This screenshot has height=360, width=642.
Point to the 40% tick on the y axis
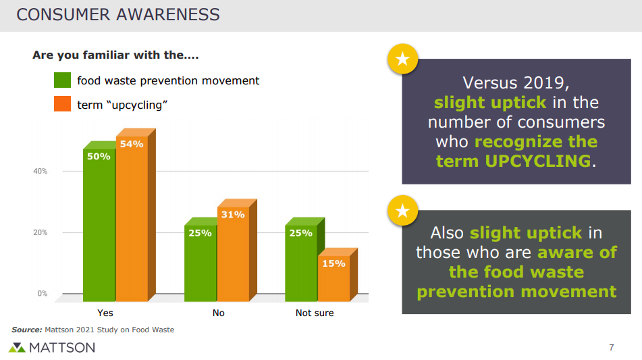pyautogui.click(x=40, y=171)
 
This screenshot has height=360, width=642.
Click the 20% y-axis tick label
pyautogui.click(x=40, y=232)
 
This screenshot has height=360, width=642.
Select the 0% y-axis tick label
pyautogui.click(x=42, y=294)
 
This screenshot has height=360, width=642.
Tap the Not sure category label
pyautogui.click(x=315, y=313)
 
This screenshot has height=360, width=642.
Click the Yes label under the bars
pyautogui.click(x=105, y=313)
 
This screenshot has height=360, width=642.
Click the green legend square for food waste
pyautogui.click(x=62, y=80)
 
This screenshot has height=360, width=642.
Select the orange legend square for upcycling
pyautogui.click(x=62, y=104)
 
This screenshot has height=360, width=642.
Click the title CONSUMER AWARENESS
pyautogui.click(x=118, y=15)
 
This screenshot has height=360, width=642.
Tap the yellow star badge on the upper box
pyautogui.click(x=403, y=59)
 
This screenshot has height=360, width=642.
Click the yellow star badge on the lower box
pyautogui.click(x=403, y=211)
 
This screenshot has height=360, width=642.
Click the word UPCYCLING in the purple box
pyautogui.click(x=538, y=161)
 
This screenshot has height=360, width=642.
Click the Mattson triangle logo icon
pyautogui.click(x=17, y=348)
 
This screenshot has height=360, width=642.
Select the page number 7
pyautogui.click(x=612, y=347)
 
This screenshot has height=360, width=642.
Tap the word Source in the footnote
pyautogui.click(x=26, y=330)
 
